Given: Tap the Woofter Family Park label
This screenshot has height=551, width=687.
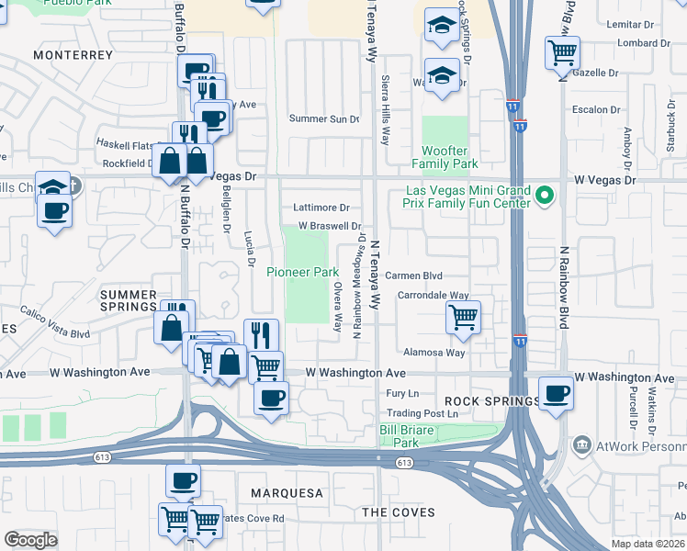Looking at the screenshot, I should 450,157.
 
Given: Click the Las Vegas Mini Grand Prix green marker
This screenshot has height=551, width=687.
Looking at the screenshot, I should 544,196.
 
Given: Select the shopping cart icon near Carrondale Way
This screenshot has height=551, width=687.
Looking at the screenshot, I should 463,318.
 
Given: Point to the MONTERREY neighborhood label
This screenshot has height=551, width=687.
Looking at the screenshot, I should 73,55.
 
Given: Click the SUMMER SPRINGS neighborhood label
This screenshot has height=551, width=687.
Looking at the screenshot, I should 129,300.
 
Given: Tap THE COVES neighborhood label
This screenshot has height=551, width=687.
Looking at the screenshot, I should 398,512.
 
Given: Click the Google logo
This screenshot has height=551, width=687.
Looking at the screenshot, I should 30,540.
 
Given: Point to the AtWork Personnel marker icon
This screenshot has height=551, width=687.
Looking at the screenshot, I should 580,446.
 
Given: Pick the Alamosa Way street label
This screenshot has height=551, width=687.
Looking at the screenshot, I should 434,353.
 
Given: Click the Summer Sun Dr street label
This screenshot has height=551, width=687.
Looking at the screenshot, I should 324,118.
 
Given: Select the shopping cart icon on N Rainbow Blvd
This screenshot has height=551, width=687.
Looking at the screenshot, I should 561,51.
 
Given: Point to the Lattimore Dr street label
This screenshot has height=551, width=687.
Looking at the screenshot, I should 321,208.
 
